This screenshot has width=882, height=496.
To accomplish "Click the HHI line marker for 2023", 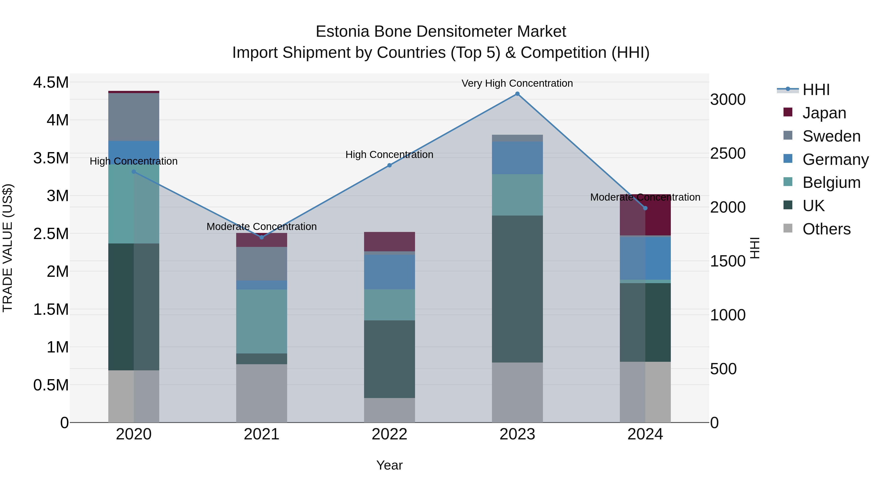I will pyautogui.click(x=517, y=94).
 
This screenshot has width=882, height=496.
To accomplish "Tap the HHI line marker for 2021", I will pyautogui.click(x=262, y=237).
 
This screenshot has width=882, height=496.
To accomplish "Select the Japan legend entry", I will pyautogui.click(x=824, y=113).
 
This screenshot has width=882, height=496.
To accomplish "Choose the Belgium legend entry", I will pyautogui.click(x=831, y=182).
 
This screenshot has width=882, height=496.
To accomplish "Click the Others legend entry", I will pyautogui.click(x=826, y=229).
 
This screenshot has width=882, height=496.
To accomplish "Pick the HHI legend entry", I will pyautogui.click(x=816, y=90).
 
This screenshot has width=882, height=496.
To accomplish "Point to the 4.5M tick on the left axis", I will pyautogui.click(x=51, y=83).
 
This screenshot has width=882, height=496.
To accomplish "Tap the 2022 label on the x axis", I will pyautogui.click(x=389, y=434).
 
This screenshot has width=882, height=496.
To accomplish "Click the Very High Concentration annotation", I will pyautogui.click(x=517, y=83).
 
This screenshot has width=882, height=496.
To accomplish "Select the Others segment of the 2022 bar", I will pyautogui.click(x=389, y=410).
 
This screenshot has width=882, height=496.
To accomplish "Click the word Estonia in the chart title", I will pyautogui.click(x=343, y=32).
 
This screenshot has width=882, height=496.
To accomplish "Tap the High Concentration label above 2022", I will pyautogui.click(x=389, y=155).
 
